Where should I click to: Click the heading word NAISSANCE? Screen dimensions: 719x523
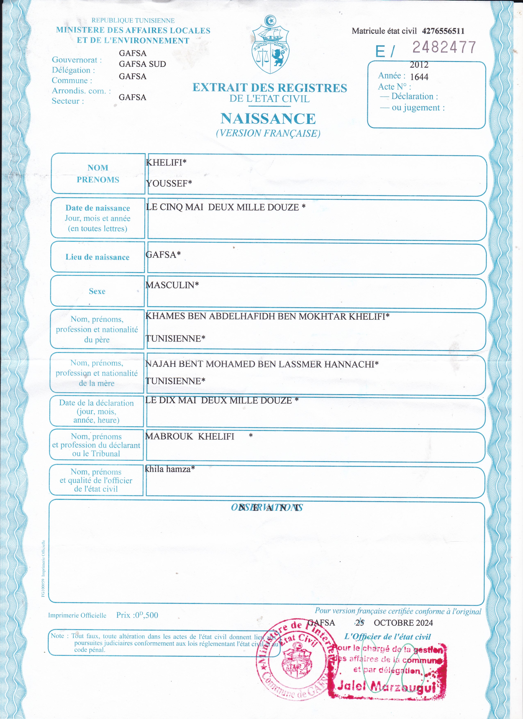pyautogui.click(x=268, y=119)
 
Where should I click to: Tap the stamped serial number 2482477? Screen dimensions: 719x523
pyautogui.click(x=444, y=47)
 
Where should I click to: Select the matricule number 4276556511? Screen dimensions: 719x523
pyautogui.click(x=443, y=31)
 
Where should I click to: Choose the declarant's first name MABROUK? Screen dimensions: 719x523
pyautogui.click(x=169, y=437)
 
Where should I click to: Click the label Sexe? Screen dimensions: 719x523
pyautogui.click(x=97, y=291)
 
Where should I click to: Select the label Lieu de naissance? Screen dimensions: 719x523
pyautogui.click(x=97, y=257)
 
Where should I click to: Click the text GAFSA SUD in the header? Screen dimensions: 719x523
pyautogui.click(x=142, y=64)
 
